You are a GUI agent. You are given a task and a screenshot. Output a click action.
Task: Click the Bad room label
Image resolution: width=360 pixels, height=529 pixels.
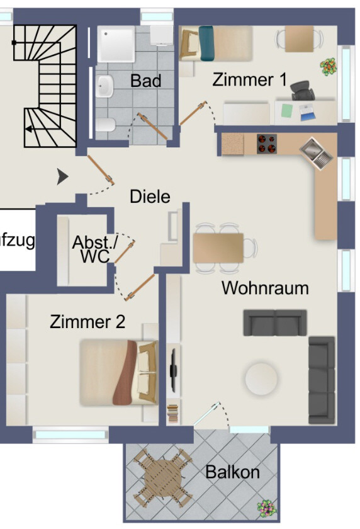[x=145, y=81]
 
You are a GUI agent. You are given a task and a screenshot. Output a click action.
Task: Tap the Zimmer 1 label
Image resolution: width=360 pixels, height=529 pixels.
[x=249, y=80]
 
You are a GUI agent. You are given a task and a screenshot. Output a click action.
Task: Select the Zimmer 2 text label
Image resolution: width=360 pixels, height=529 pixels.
[x=87, y=322]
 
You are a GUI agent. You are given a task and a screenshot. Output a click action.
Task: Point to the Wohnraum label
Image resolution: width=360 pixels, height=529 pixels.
[x=265, y=288]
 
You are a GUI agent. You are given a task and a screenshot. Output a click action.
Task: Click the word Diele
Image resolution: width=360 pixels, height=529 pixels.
[x=150, y=196]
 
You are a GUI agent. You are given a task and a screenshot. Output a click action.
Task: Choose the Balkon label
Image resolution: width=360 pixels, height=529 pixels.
[x=232, y=472]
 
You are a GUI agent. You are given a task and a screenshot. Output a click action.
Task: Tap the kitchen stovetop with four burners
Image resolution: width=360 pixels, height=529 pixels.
[x=267, y=144]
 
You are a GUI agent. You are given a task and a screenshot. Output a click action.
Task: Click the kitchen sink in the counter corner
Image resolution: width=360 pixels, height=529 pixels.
[x=315, y=153]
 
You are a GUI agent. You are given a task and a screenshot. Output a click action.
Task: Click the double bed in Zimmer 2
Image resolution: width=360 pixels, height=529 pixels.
[x=118, y=372]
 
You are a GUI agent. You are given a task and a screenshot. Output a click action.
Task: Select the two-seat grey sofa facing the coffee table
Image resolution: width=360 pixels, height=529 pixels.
[x=275, y=322]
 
